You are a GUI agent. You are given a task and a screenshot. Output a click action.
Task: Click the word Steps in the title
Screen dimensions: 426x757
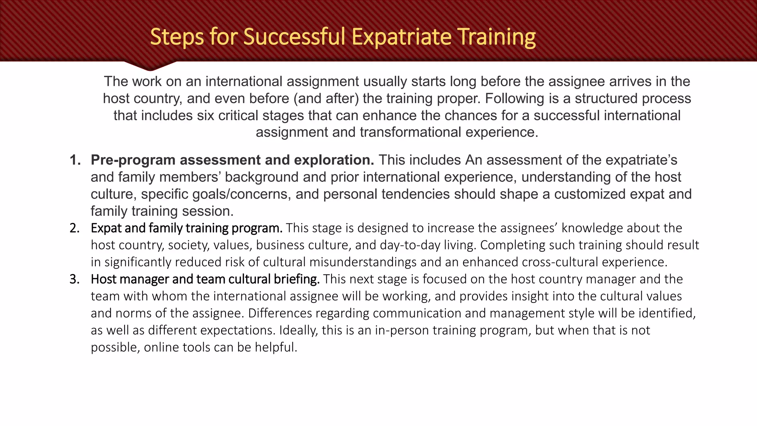point(177,37)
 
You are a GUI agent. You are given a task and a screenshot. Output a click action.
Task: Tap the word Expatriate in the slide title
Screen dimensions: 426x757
point(401,37)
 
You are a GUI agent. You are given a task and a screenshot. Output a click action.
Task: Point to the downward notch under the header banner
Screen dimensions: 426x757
point(150,67)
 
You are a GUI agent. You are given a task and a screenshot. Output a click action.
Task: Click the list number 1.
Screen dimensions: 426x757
point(75,160)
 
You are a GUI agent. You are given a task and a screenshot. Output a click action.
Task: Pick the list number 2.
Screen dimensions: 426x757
point(74,228)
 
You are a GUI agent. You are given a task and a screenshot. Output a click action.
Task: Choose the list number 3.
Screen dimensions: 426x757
point(74,279)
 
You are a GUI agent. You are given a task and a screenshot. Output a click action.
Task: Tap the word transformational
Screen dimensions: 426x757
point(410,132)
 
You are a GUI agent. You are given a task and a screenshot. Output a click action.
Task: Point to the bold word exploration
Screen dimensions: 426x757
point(334,160)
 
